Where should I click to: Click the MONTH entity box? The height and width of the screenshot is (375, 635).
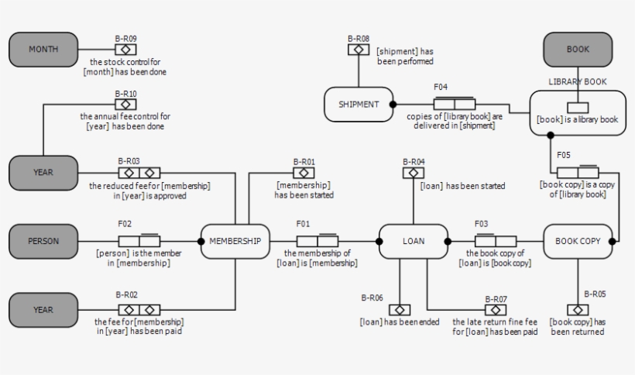tap(43, 50)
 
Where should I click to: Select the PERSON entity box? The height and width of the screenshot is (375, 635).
tap(43, 241)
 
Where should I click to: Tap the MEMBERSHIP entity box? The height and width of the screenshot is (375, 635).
tap(235, 241)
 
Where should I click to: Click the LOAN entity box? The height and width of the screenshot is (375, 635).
tap(414, 241)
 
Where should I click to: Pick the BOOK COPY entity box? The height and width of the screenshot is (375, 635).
tap(578, 241)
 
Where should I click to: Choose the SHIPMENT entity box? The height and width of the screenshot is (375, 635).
tap(358, 104)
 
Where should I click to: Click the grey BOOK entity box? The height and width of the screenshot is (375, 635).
tap(578, 50)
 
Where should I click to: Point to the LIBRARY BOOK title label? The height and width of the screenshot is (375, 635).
tap(578, 81)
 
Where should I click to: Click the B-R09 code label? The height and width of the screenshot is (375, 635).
tap(125, 39)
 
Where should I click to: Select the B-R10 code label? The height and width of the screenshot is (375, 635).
tap(125, 94)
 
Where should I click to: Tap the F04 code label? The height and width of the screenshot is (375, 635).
tap(441, 88)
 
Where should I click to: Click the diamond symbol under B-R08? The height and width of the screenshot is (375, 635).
tap(358, 50)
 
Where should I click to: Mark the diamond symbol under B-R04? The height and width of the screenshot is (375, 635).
tap(414, 173)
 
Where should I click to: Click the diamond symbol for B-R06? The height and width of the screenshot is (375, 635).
tap(399, 309)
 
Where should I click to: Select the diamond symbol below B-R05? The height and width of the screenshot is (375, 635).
tap(578, 309)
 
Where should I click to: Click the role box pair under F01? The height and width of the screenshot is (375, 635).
tap(317, 241)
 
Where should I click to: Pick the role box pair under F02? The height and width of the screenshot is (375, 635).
tap(139, 241)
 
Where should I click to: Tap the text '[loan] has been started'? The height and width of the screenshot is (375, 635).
tap(462, 186)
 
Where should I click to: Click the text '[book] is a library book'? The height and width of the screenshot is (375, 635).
tap(578, 120)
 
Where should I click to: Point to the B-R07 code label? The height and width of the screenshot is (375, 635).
tap(496, 298)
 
